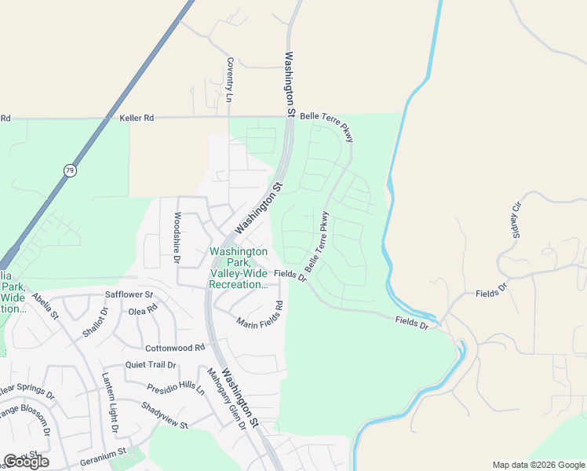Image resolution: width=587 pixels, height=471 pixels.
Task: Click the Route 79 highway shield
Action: pyautogui.click(x=70, y=170)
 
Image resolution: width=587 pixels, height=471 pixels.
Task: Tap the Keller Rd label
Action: pyautogui.click(x=137, y=118)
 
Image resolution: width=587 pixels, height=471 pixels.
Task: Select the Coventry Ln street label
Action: pyautogui.click(x=229, y=80)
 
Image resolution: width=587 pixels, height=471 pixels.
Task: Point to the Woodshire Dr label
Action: pyautogui.click(x=177, y=238)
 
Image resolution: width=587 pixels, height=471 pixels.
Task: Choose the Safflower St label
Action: pyautogui.click(x=129, y=295)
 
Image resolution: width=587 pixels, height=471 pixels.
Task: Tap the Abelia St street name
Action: pyautogui.click(x=46, y=306)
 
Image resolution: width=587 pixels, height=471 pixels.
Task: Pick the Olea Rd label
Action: pyautogui.click(x=143, y=310)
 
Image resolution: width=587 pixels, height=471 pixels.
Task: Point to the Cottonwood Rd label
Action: pyautogui.click(x=174, y=347)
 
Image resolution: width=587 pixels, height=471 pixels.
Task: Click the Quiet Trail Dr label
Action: pyautogui.click(x=151, y=365)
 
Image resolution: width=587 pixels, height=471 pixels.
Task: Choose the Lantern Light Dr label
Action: pyautogui.click(x=109, y=404)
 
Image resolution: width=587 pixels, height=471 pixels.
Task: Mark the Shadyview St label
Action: pyautogui.click(x=165, y=415)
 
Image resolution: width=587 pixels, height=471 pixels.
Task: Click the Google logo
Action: pyautogui.click(x=26, y=462)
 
